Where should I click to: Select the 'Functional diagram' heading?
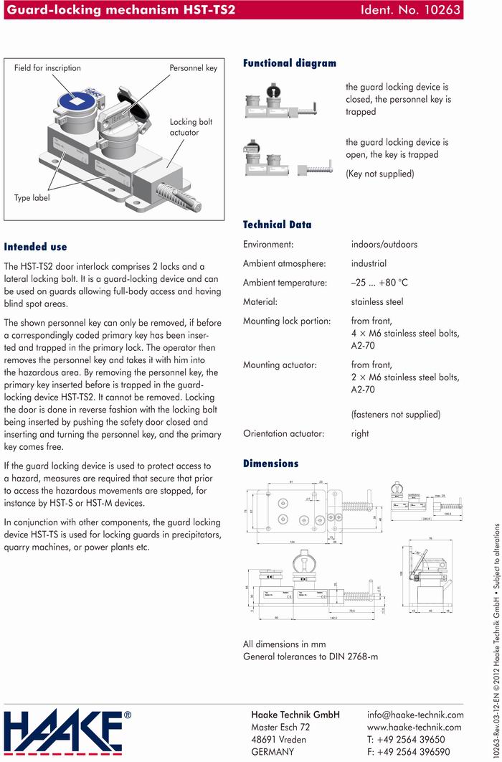tap(289, 63)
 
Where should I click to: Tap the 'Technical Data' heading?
tap(277, 225)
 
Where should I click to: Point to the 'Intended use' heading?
tap(35, 247)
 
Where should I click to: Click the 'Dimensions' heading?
tap(270, 464)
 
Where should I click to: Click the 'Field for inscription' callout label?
tap(47, 68)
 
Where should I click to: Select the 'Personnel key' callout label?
tap(193, 68)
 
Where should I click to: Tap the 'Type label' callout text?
tap(32, 198)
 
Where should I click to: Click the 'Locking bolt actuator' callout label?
tap(191, 127)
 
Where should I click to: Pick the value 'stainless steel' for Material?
tap(376, 302)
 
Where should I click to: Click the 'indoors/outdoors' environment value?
tap(384, 245)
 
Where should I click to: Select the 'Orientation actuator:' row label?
tap(283, 433)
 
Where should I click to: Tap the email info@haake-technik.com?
tap(415, 715)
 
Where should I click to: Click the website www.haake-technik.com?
tap(415, 727)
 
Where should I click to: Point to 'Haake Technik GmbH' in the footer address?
tap(295, 715)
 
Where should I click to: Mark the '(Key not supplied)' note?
tap(379, 174)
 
